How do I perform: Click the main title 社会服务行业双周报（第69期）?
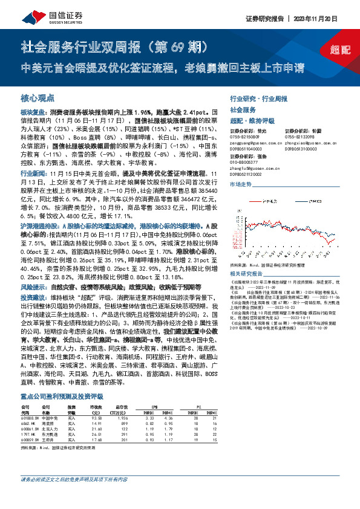click(x=115, y=47)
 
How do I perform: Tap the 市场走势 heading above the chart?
click(x=240, y=184)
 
